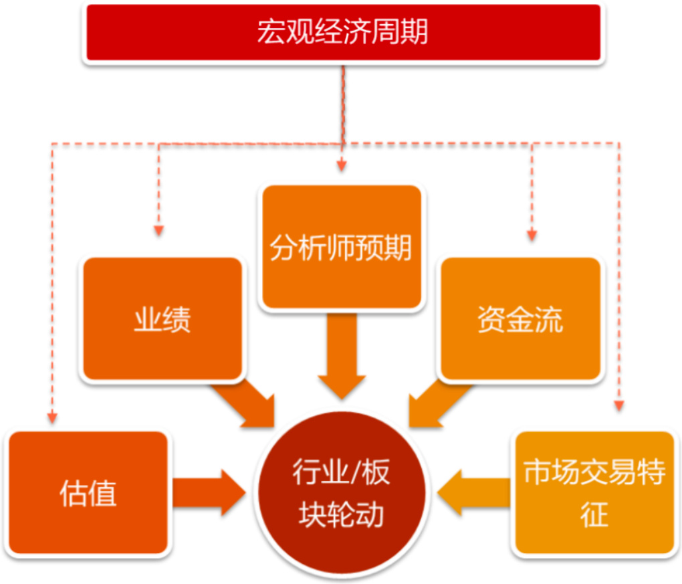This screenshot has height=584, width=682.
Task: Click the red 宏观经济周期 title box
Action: (342, 32)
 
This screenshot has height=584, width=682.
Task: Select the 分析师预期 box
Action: (342, 248)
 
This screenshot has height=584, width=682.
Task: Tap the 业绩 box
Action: (161, 319)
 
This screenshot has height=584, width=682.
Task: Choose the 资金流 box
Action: (520, 319)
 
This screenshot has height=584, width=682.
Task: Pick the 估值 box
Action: (88, 492)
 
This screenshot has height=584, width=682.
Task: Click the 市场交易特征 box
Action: (594, 492)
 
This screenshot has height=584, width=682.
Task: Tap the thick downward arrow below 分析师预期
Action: (342, 355)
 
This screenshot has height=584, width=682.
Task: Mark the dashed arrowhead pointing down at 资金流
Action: (532, 234)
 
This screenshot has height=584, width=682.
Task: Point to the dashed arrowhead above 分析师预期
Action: (342, 165)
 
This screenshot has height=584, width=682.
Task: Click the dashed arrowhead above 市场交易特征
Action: (619, 405)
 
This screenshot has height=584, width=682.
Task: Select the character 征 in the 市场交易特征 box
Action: (594, 515)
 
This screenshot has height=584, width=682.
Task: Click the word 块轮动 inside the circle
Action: (342, 516)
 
